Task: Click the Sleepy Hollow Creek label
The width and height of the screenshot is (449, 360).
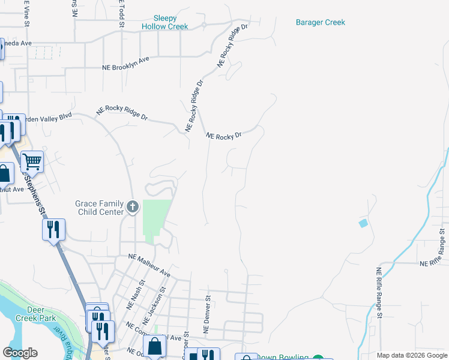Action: pyautogui.click(x=165, y=22)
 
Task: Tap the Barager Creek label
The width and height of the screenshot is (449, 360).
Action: pyautogui.click(x=321, y=22)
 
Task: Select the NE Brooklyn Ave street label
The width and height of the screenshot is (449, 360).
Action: pyautogui.click(x=125, y=63)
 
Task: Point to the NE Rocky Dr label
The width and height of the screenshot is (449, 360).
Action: pyautogui.click(x=223, y=136)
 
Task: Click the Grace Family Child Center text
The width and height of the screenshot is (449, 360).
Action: pyautogui.click(x=99, y=208)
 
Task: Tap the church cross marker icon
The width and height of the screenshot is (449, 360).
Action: pyautogui.click(x=133, y=208)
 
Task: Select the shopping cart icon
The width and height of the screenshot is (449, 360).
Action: pyautogui.click(x=32, y=161)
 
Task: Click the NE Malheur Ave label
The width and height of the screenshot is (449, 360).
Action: pyautogui.click(x=149, y=266)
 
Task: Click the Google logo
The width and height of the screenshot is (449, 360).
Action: pyautogui.click(x=20, y=353)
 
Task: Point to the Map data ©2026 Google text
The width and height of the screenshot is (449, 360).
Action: pyautogui.click(x=412, y=355)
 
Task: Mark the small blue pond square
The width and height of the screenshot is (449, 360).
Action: pyautogui.click(x=363, y=224)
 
